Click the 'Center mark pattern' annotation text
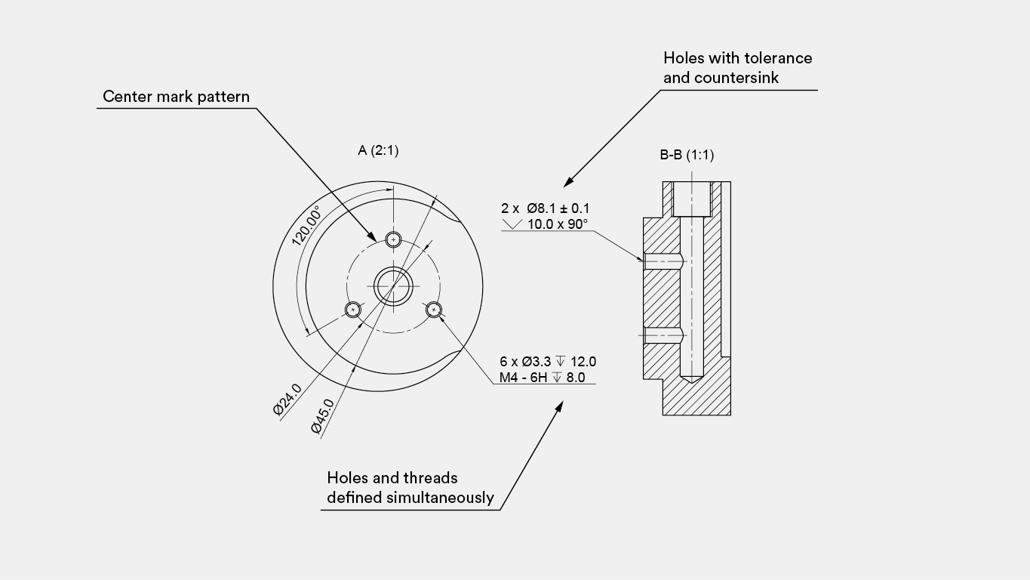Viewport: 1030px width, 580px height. pos(176,97)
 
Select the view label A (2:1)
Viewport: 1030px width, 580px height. pos(378,150)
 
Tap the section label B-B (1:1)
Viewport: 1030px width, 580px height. pos(687,155)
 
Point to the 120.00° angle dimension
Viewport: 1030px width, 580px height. pos(306,225)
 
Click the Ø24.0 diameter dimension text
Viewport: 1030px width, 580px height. pos(287,400)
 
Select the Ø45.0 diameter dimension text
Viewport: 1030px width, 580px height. pos(322,416)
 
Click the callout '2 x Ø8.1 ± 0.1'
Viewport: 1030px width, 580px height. pos(546,208)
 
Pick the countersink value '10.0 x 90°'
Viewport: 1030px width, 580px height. pos(557,224)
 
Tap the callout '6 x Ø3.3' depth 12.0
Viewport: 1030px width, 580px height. pos(548,362)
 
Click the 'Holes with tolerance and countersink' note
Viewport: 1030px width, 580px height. pos(737,68)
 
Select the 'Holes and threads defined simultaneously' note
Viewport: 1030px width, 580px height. pos(410,488)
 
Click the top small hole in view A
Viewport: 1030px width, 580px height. pos(393,240)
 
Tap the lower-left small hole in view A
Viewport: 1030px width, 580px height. pos(353,310)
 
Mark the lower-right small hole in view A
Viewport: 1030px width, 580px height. pos(434,310)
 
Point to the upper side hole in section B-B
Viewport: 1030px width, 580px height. pos(663,261)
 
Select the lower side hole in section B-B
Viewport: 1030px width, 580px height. pos(663,335)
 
